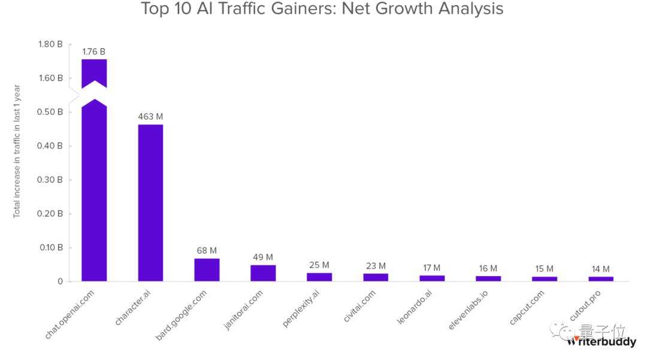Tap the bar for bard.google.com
[x=207, y=270]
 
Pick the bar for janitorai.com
[x=263, y=273]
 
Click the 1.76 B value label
[x=94, y=52]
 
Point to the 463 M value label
[x=150, y=117]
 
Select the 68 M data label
[x=207, y=250]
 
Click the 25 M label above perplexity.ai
[x=319, y=265]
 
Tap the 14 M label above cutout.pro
[x=601, y=269]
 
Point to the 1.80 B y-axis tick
[x=50, y=44]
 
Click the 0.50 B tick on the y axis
[x=50, y=112]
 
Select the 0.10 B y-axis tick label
[x=50, y=247]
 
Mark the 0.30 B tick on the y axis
[x=50, y=180]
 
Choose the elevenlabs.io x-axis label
[x=468, y=311]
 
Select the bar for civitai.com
[x=376, y=277]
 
